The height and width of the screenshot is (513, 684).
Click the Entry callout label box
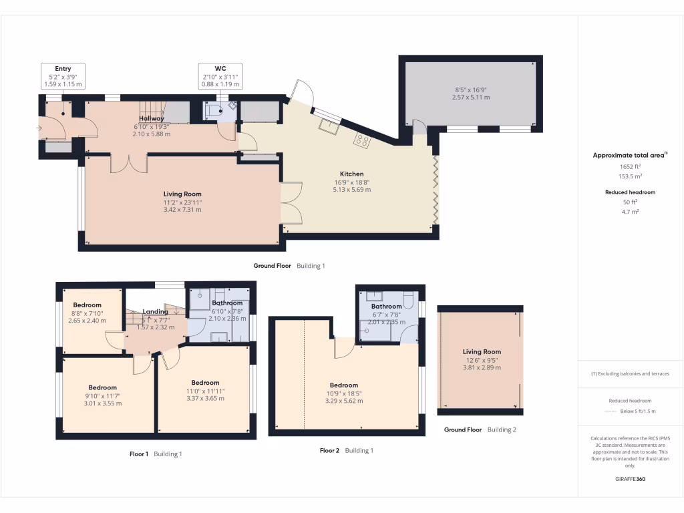63,77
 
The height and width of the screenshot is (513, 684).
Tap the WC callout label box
220,77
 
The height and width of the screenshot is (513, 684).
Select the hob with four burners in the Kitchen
363,140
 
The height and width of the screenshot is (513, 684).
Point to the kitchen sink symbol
328,124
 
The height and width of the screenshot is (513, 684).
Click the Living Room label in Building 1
182,194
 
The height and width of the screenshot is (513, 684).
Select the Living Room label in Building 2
482,351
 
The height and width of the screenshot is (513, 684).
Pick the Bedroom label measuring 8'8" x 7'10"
87,305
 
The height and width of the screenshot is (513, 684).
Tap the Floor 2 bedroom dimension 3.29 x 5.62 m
344,401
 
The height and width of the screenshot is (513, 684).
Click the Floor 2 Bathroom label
386,307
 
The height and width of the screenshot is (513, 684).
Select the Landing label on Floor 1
156,311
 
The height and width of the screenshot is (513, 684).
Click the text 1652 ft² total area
629,166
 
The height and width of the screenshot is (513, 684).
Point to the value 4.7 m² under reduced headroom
629,211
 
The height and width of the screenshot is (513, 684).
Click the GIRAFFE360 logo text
630,479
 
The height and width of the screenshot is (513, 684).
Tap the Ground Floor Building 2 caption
480,430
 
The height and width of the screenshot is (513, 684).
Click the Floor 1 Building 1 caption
155,454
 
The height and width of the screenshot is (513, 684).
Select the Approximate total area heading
629,155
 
